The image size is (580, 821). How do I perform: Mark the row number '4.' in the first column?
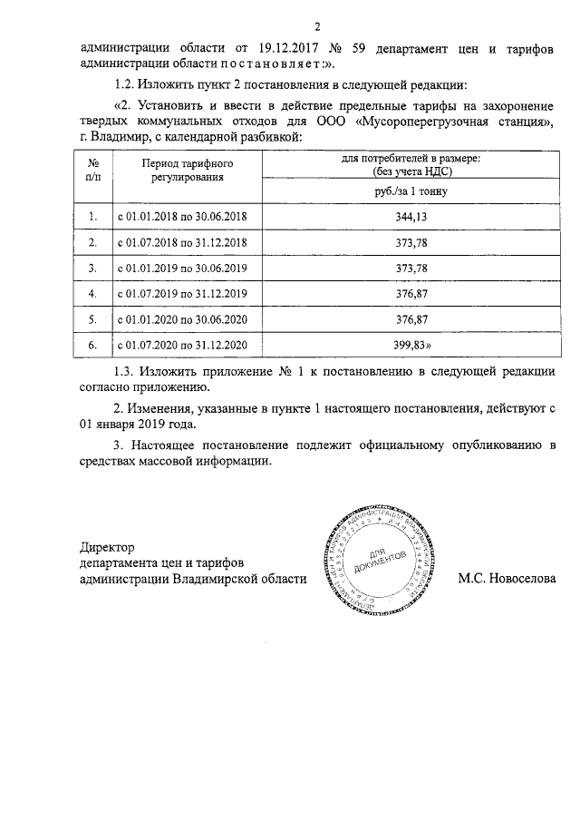click(x=92, y=295)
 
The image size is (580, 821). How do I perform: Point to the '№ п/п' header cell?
click(x=92, y=170)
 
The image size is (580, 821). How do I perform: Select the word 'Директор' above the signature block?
click(x=107, y=547)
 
